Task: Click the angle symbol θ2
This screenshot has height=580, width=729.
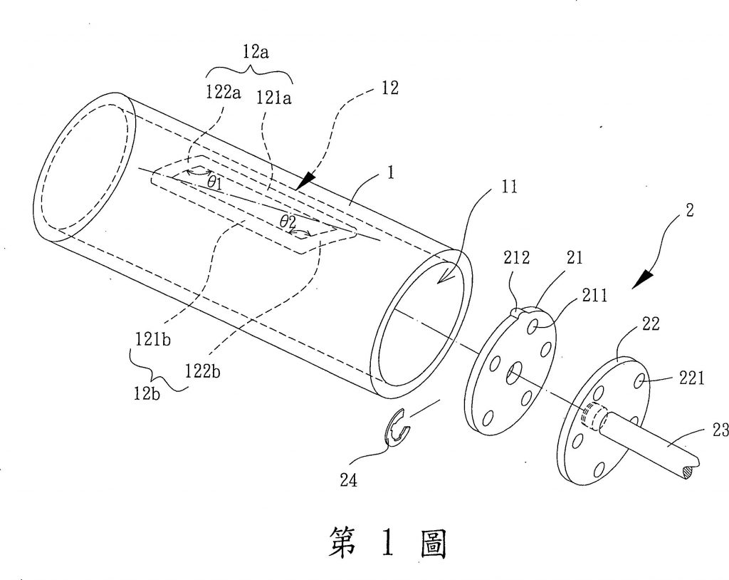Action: pos(288,222)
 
